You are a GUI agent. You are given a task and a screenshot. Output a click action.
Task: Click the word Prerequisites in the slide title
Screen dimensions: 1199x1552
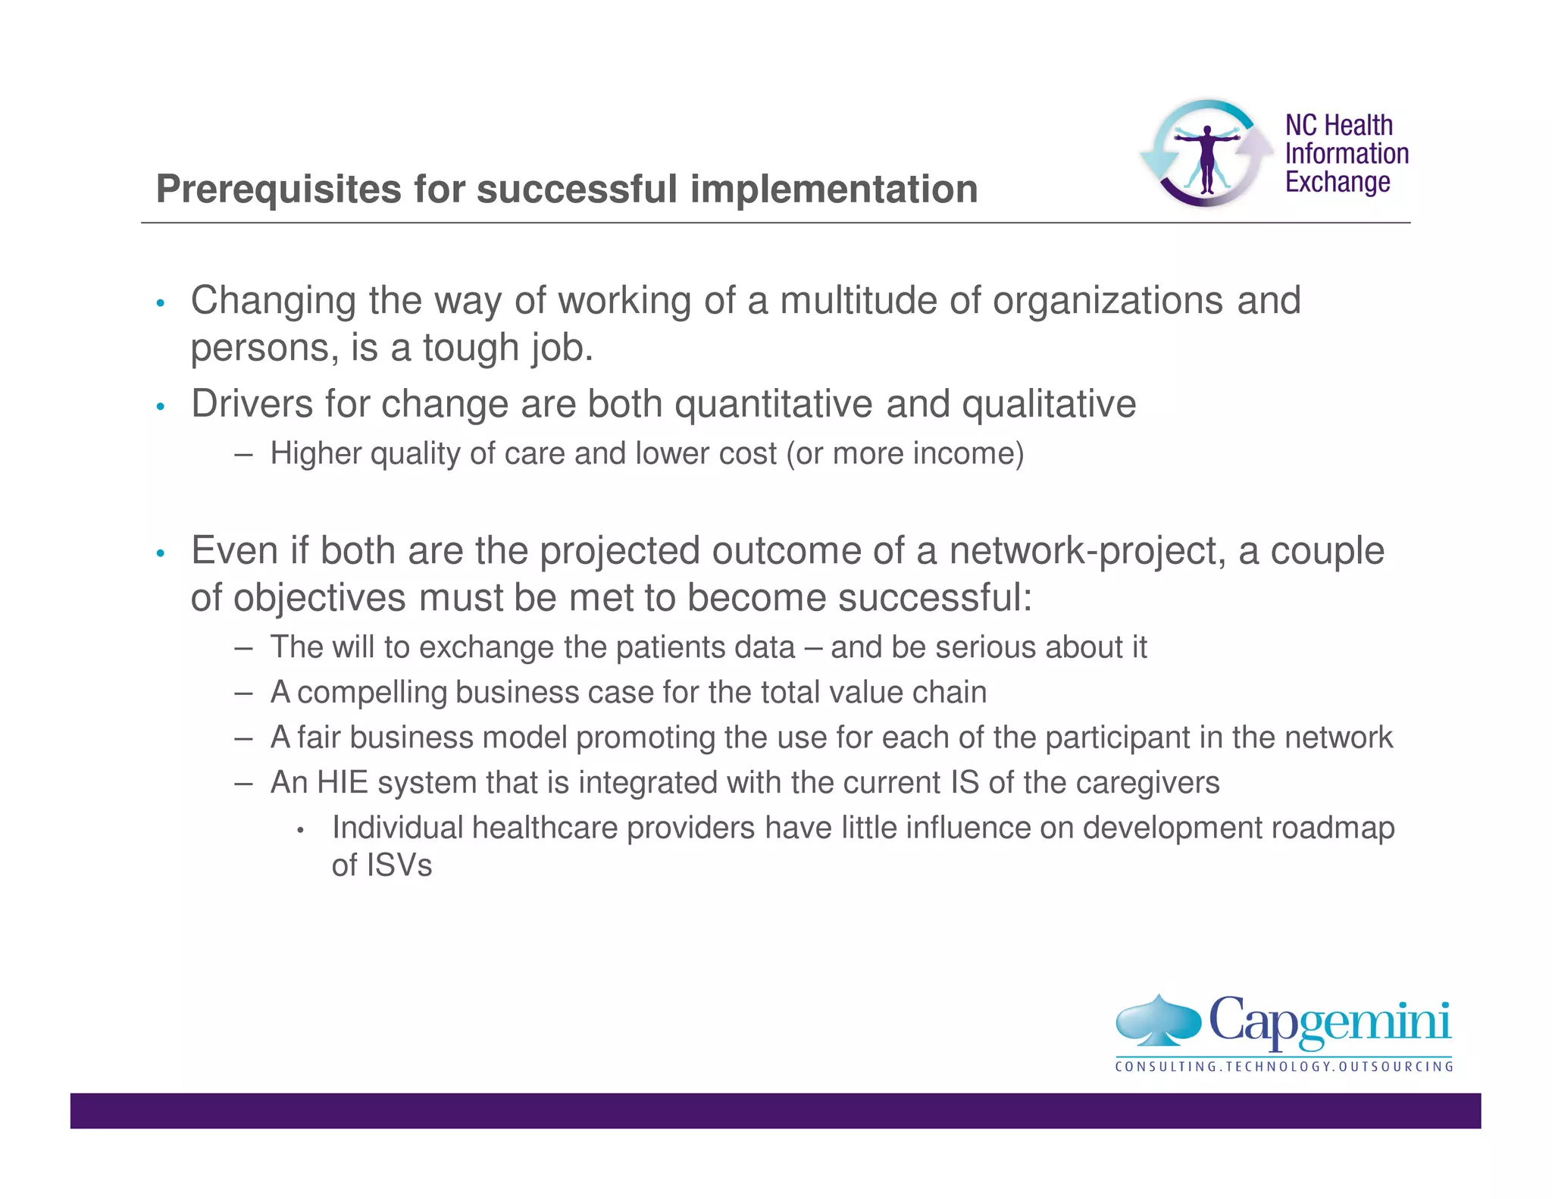point(279,189)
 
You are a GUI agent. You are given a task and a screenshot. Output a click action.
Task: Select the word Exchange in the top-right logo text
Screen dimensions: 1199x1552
point(1338,183)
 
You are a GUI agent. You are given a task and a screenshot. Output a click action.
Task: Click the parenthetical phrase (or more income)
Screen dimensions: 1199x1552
point(905,454)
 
